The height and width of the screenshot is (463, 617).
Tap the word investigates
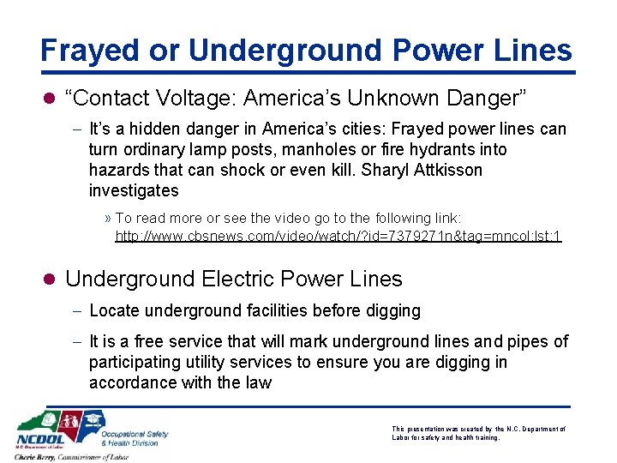(x=134, y=190)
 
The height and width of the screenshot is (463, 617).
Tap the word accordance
(x=133, y=382)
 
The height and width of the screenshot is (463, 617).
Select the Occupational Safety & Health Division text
(x=134, y=437)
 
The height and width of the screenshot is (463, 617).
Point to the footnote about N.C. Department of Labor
(x=478, y=432)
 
